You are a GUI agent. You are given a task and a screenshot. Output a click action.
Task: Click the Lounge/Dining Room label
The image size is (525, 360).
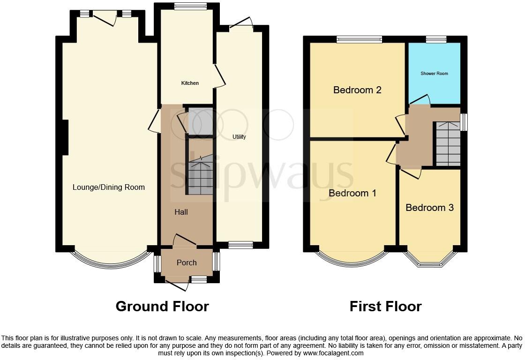click(x=108, y=187)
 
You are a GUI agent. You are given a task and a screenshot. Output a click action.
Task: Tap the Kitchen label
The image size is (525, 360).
click(x=190, y=83)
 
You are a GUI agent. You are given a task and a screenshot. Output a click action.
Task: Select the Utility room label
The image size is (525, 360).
click(x=239, y=137)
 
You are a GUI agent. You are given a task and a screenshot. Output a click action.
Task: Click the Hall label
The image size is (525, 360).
click(x=181, y=212)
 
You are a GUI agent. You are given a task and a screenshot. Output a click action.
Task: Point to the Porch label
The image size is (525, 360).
click(x=187, y=262)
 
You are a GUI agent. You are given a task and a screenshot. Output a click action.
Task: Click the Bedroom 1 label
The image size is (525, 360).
click(x=352, y=193)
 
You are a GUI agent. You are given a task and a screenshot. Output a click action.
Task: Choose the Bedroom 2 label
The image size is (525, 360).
click(x=357, y=90)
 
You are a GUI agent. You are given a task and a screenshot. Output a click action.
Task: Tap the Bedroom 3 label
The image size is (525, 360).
click(x=429, y=207)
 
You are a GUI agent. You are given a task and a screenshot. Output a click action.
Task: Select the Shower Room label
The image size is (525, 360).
click(x=434, y=74)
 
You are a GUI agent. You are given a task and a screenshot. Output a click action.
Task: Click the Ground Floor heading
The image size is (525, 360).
click(x=162, y=307)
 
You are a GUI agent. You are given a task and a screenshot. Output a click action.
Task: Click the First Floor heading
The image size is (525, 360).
click(x=385, y=307)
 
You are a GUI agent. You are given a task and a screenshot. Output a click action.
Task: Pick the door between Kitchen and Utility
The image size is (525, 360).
click(x=219, y=75)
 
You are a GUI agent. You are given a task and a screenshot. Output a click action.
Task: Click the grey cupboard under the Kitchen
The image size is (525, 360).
click(x=200, y=122)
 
